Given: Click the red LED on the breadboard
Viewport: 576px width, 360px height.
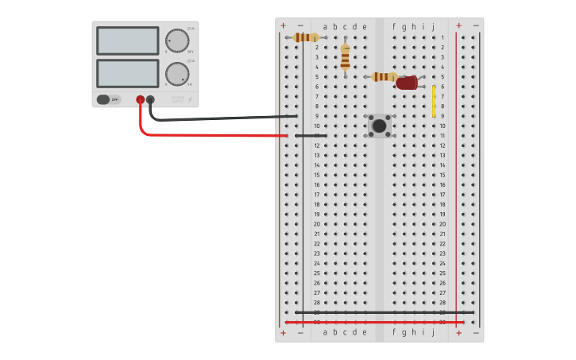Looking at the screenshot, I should point(406,83).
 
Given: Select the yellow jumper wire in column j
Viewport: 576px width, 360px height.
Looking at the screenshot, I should point(433,101).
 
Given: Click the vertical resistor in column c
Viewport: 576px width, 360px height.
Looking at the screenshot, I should point(345,57).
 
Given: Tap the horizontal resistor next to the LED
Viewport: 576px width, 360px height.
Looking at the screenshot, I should point(385,77).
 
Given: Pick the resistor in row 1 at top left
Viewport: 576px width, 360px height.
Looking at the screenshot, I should point(306,37).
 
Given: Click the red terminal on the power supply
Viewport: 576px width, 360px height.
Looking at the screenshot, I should point(141,99).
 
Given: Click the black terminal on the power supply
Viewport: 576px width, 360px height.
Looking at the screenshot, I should point(150,99).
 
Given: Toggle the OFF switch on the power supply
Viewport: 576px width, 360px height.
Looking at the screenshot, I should point(103,99).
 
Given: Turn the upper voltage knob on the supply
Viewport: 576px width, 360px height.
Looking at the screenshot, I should point(176,41).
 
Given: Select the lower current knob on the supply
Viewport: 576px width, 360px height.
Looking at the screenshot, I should point(176,74).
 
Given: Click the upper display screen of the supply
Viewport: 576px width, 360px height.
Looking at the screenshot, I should point(127,41).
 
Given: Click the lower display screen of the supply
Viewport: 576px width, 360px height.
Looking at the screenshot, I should point(127,73).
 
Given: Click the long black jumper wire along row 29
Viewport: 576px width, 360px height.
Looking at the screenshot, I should point(381,312).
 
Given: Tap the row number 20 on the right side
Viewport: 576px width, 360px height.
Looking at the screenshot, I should point(443,224).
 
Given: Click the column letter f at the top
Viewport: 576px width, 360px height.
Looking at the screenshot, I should point(394,26).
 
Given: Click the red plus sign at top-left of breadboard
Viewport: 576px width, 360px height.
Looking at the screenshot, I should point(283,25).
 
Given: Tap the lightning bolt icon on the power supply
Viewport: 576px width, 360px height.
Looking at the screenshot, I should point(189,99).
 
